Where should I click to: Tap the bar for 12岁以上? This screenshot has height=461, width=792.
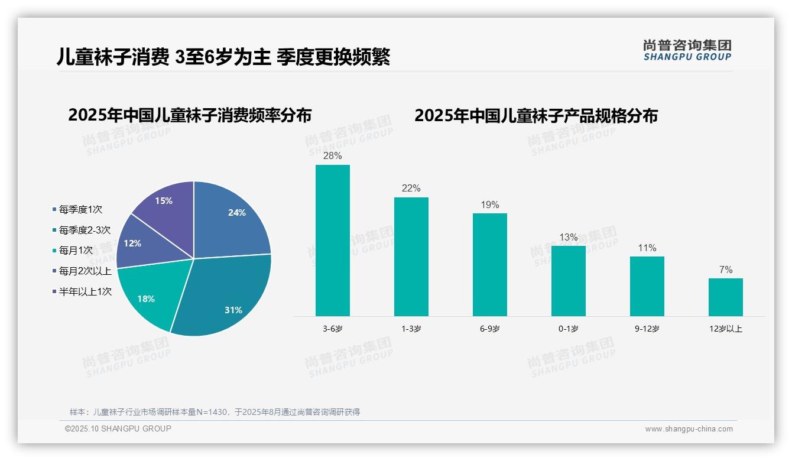pyautogui.click(x=725, y=297)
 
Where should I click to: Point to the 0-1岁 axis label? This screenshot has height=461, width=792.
pyautogui.click(x=568, y=329)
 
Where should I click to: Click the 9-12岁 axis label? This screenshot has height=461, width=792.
pyautogui.click(x=647, y=329)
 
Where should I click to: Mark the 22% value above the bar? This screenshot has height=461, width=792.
pyautogui.click(x=411, y=189)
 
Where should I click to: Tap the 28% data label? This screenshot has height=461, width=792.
pyautogui.click(x=332, y=156)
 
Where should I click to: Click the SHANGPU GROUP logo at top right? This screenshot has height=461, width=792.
pyautogui.click(x=687, y=50)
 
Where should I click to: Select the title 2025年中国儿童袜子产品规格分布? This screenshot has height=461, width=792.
pyautogui.click(x=535, y=115)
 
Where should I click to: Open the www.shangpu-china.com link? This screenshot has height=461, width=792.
pyautogui.click(x=689, y=429)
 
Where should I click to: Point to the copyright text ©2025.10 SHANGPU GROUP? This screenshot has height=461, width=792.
pyautogui.click(x=118, y=429)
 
